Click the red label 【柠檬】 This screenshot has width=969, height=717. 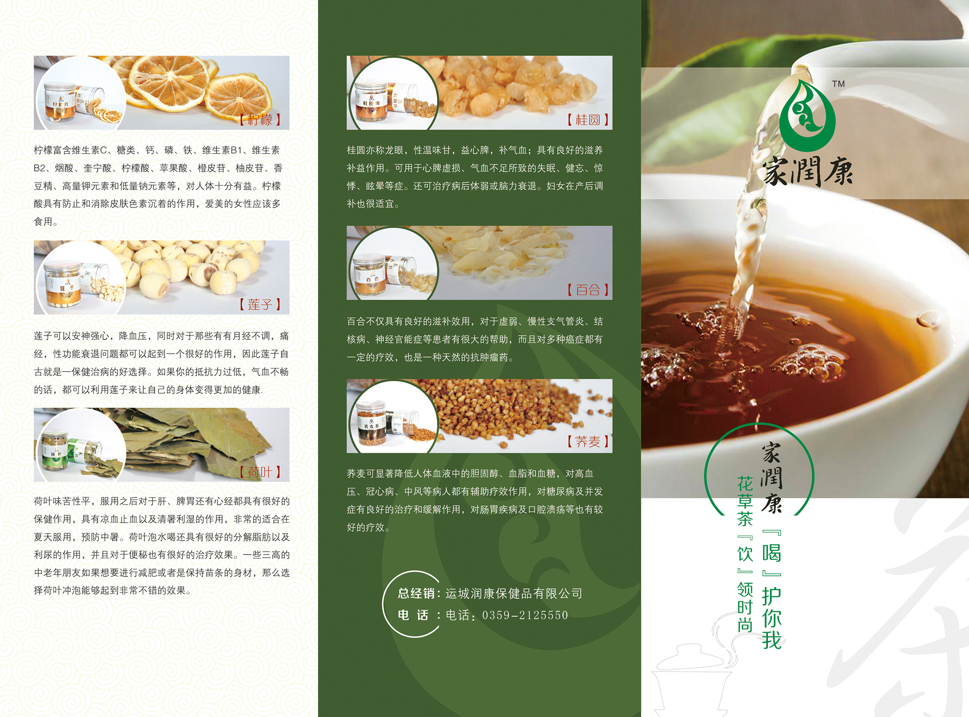pos(260,120)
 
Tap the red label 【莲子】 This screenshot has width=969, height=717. pos(260,304)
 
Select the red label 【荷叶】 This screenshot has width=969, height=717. pos(260,472)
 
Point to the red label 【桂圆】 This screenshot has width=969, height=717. pos(588,120)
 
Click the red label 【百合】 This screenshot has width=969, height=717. pos(588,290)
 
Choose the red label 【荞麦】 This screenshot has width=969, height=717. pos(588,442)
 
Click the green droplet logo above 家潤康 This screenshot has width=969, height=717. pos(808,115)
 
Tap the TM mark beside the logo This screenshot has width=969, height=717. pos(838,84)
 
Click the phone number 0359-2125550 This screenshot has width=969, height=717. pos(525,615)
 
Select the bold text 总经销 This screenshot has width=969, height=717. pos(416,593)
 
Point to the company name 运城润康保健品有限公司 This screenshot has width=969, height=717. pos(514,593)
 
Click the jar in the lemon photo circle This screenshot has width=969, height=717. pos(60,102)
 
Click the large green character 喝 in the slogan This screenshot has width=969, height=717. pos(771,553)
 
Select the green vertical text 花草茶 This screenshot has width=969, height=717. pos(745,501)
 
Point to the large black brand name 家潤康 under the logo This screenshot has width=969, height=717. pos(808,172)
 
